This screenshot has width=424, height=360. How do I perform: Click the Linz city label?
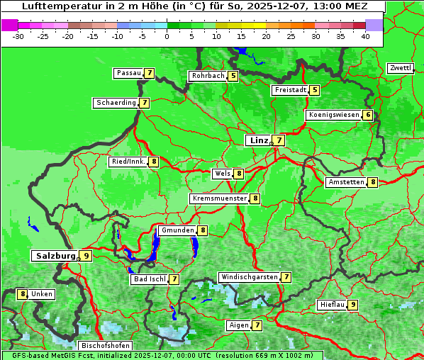click(x=258, y=140)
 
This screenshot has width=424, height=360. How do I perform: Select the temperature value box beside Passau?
click(x=149, y=73)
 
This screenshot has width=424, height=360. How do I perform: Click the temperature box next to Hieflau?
click(x=352, y=305)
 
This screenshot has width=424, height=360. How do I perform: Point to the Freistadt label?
click(x=290, y=90)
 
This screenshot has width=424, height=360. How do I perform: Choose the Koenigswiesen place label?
click(x=333, y=115)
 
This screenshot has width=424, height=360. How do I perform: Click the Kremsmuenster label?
click(x=219, y=198)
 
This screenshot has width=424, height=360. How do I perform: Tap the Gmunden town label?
click(x=177, y=230)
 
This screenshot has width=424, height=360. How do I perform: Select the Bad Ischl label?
click(x=149, y=279)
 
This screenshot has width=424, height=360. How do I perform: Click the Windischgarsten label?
click(x=248, y=277)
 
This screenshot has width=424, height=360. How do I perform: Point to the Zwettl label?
click(x=400, y=68)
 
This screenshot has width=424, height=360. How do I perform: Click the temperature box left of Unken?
click(x=23, y=293)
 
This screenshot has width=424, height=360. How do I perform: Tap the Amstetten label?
click(x=345, y=182)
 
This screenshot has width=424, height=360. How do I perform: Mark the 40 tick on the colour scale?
click(x=365, y=35)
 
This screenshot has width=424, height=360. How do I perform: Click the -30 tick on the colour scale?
click(x=18, y=35)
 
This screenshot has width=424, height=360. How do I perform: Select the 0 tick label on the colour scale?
click(x=167, y=35)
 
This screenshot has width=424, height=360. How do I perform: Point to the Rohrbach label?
click(x=208, y=76)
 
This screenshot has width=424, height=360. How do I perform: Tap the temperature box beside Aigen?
click(x=257, y=325)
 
